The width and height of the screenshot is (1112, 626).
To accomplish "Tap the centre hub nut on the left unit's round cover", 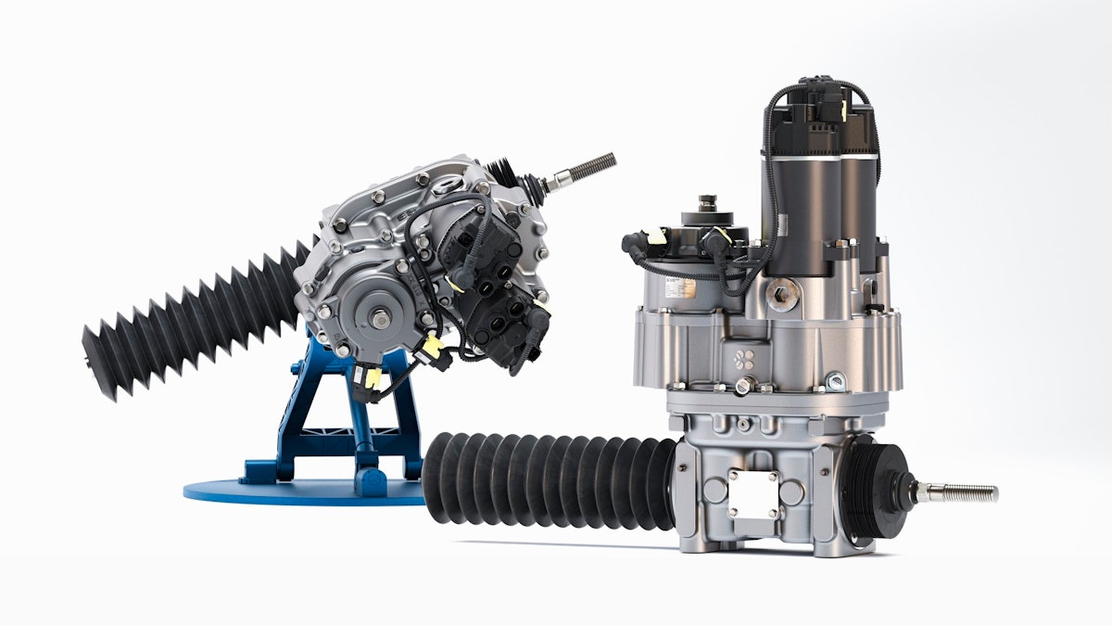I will pyautogui.click(x=381, y=319).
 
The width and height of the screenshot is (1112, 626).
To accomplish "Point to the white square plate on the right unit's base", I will pyautogui.click(x=752, y=493).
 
